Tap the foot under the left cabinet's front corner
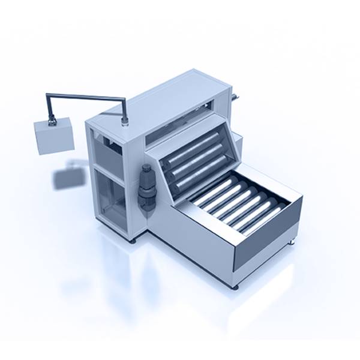[133, 240]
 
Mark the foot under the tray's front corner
[235, 287]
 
